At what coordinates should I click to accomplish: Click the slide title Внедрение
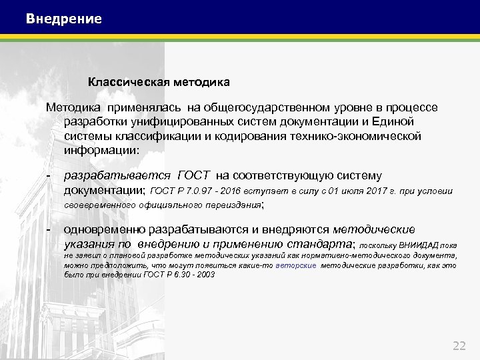tap(64, 19)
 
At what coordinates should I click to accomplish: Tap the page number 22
tap(459, 345)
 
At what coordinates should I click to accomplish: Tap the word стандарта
tap(321, 243)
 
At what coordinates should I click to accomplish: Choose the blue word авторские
tap(295, 265)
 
